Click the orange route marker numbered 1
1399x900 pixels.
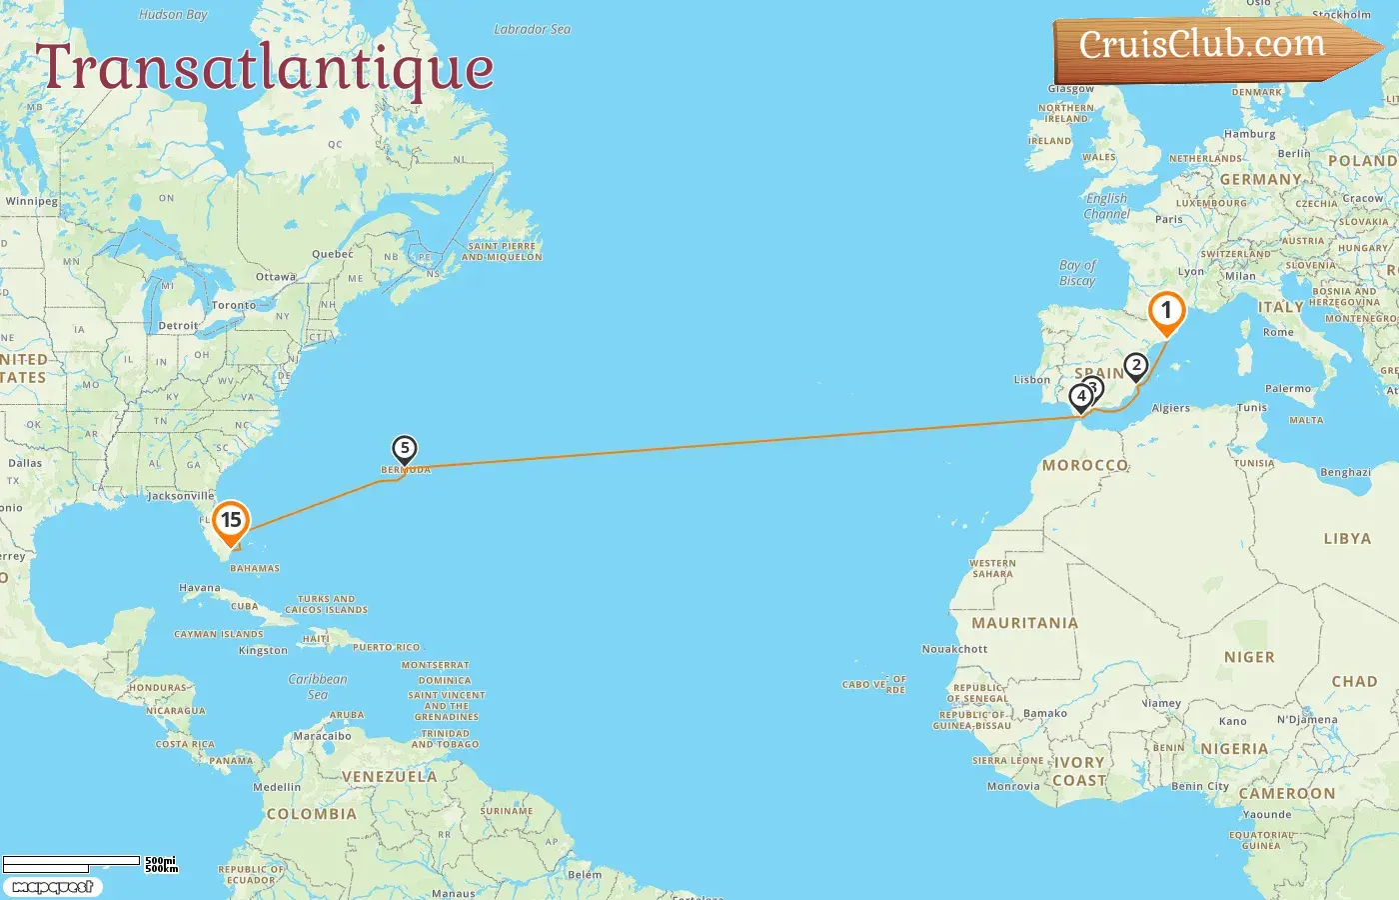pos(1166,311)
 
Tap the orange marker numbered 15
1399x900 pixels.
pos(231,520)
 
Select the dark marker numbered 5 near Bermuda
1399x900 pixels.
pos(404,449)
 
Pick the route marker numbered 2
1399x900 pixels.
pos(1135,366)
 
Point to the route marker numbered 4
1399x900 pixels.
pos(1080,396)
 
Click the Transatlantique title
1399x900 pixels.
pos(265,68)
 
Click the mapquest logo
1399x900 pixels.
pos(52,887)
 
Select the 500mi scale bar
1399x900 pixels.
pos(72,861)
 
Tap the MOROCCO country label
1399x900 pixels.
pos(1085,465)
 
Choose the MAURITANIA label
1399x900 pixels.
pos(1024,623)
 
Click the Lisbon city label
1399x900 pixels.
pos(1032,380)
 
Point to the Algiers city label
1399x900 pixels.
pos(1171,408)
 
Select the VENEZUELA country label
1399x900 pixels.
pos(389,777)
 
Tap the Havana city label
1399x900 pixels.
pos(200,588)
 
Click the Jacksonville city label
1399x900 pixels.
pos(181,496)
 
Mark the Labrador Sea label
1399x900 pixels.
pos(533,30)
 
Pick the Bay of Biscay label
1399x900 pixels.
pos(1077,273)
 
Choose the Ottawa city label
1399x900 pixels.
pos(276,277)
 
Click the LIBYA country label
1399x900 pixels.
pos(1347,539)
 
